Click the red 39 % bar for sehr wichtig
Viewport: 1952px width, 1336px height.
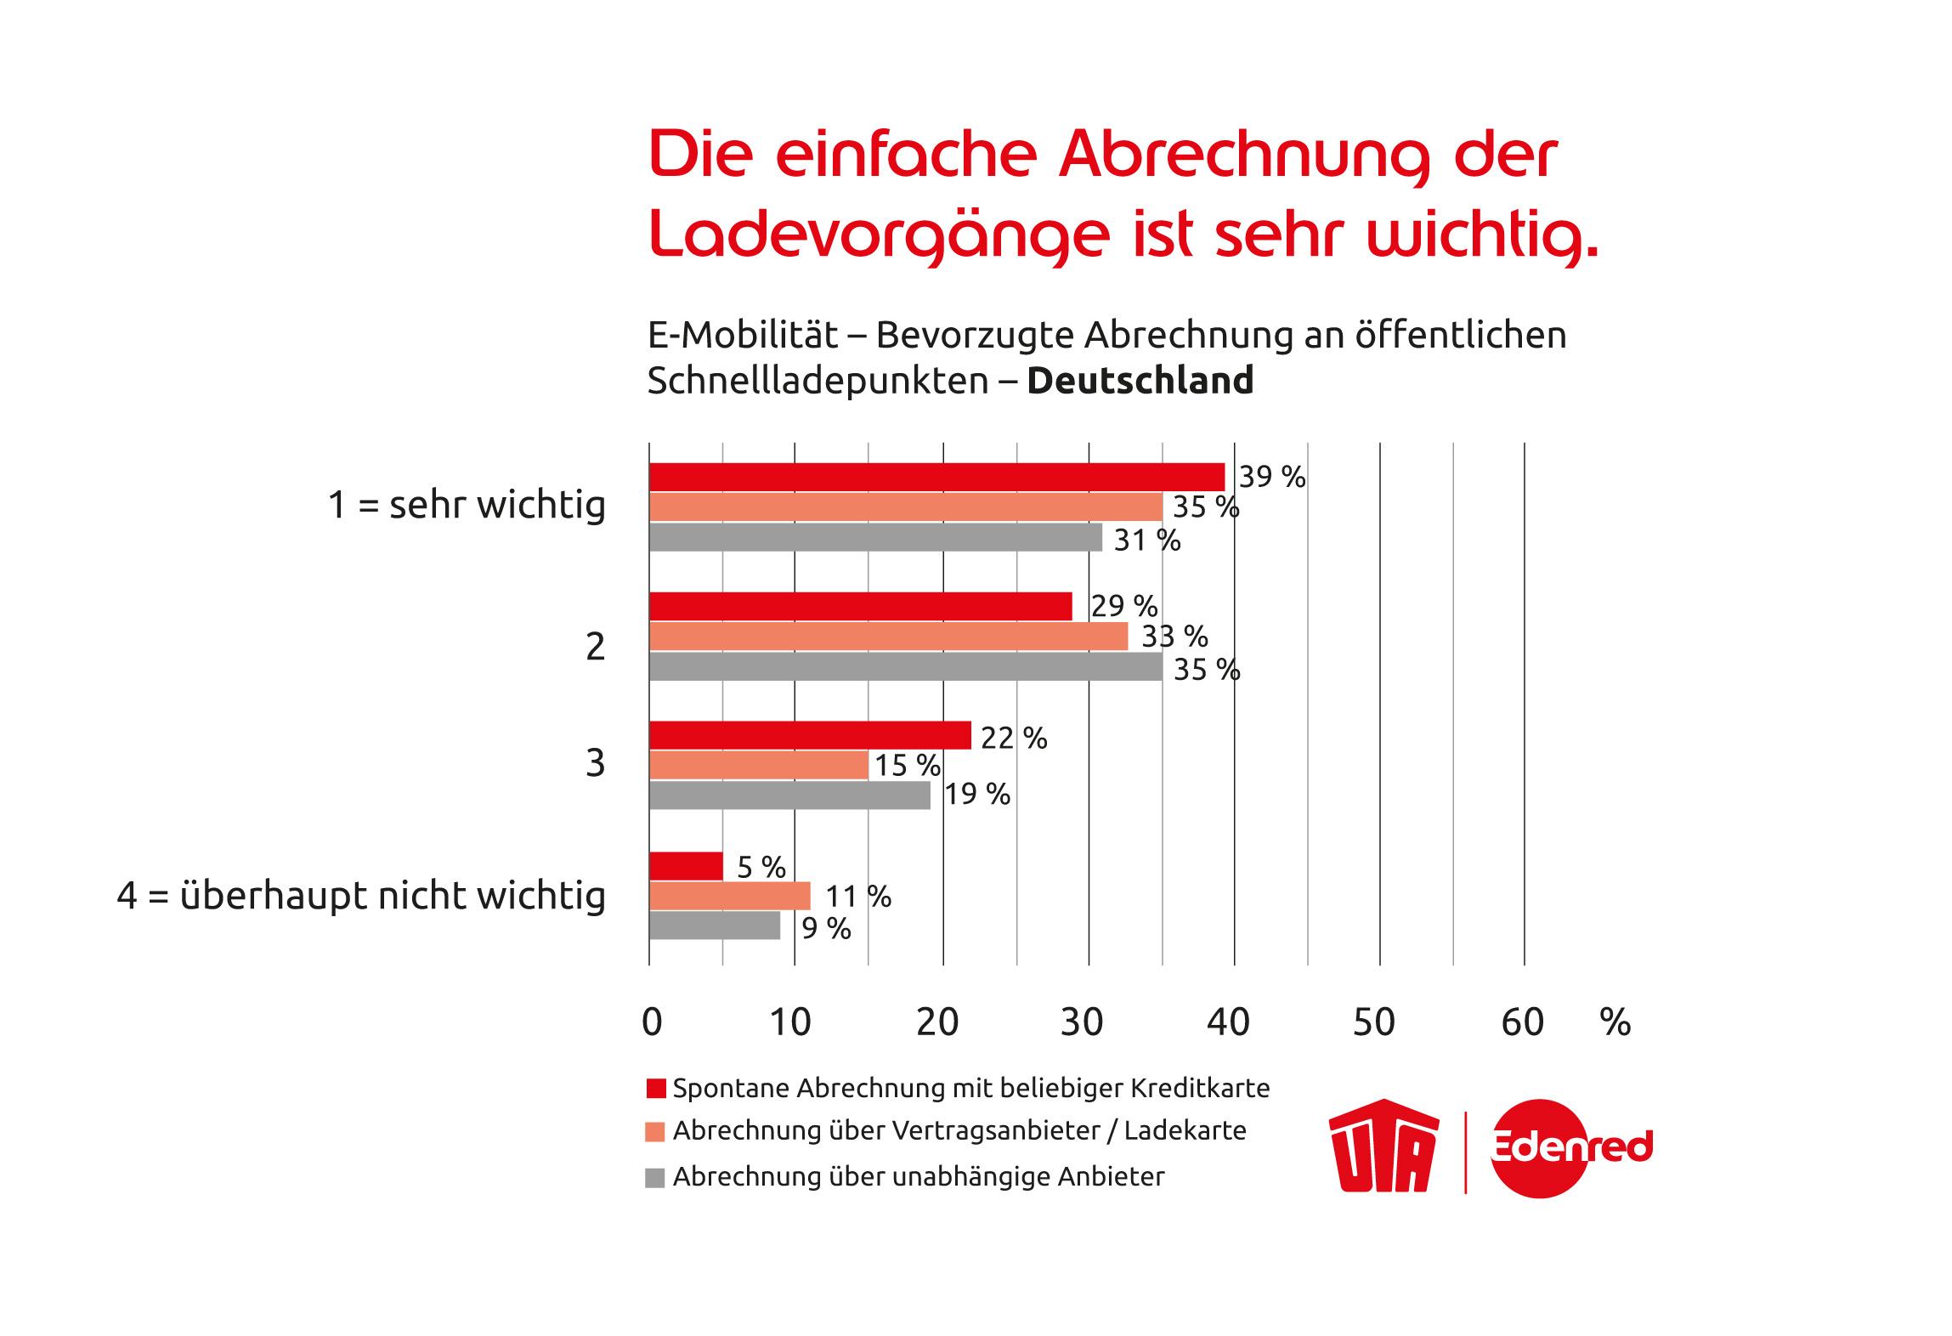click(936, 477)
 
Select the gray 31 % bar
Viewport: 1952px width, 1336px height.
click(875, 537)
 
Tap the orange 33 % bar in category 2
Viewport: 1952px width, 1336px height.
click(888, 637)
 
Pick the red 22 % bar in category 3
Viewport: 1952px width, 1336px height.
click(810, 735)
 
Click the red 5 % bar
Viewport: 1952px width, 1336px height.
click(686, 866)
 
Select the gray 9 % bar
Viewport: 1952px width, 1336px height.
click(715, 926)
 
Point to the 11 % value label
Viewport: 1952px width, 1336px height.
click(858, 897)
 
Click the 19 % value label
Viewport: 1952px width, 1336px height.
click(977, 795)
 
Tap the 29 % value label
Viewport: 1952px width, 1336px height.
click(1123, 606)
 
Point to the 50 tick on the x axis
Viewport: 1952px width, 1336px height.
click(1374, 1022)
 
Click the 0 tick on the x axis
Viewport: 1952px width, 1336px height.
click(652, 1022)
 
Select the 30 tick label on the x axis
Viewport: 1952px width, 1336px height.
click(1082, 1022)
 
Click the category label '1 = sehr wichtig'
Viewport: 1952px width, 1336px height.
click(467, 505)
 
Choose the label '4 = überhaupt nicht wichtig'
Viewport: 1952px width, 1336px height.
click(361, 896)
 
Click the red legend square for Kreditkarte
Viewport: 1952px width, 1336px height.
click(655, 1089)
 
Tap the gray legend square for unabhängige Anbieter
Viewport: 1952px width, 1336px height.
click(654, 1178)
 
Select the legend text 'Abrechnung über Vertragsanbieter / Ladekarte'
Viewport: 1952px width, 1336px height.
click(959, 1131)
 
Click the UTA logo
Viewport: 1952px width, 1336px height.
click(1383, 1146)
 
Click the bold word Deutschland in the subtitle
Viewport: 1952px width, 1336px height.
click(1140, 381)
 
